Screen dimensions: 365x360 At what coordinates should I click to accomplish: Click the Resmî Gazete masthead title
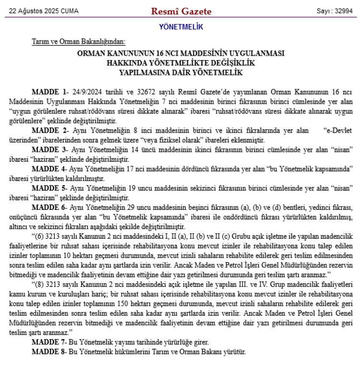point(181,11)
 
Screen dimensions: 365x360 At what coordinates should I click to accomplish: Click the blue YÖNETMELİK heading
point(180,27)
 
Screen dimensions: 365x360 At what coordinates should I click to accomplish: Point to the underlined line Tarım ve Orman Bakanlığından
point(78,42)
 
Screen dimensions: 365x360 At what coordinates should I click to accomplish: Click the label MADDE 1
point(49,92)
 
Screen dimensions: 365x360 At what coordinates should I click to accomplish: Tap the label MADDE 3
point(49,149)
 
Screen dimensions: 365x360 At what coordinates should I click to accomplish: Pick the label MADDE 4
point(49,169)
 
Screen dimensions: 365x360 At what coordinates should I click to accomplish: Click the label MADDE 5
point(49,188)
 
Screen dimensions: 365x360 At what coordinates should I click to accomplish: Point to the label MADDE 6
point(49,207)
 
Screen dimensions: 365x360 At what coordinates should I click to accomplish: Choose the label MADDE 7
point(49,342)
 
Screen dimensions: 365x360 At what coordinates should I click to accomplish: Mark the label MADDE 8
point(49,352)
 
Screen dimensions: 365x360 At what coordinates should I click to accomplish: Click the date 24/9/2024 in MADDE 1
point(89,92)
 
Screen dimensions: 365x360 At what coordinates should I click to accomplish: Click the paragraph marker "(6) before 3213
point(38,236)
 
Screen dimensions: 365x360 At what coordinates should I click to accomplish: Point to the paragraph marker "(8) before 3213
point(38,284)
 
